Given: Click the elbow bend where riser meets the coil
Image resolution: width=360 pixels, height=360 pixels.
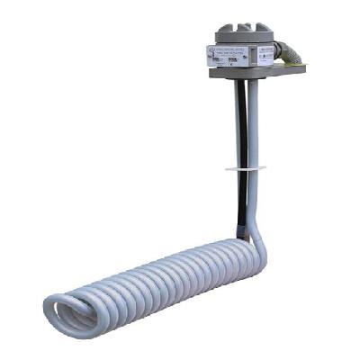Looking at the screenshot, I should coord(257,241).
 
